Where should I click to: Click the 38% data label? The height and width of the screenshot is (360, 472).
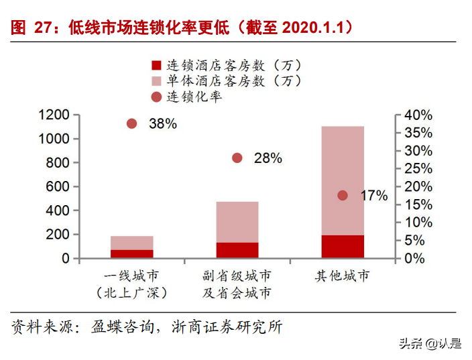[163, 123]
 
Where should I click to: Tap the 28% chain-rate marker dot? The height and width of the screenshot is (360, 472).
[237, 158]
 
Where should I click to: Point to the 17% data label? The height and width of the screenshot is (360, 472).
[374, 196]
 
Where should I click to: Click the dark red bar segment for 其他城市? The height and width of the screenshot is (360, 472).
[343, 246]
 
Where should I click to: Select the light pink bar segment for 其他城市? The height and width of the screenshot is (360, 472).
[343, 180]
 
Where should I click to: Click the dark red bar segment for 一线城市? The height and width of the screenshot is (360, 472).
[131, 253]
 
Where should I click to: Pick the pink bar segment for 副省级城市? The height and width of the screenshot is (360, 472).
[237, 222]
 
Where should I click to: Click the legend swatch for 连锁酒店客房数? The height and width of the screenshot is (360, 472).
[156, 66]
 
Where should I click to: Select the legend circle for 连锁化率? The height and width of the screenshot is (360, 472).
[156, 97]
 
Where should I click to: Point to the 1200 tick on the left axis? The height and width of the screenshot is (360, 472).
[54, 115]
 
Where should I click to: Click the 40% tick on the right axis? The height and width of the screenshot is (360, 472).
[418, 115]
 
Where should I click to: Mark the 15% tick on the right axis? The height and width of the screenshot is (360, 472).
[418, 204]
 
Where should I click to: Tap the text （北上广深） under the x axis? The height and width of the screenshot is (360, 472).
[131, 293]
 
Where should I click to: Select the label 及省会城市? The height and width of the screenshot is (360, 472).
[237, 293]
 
